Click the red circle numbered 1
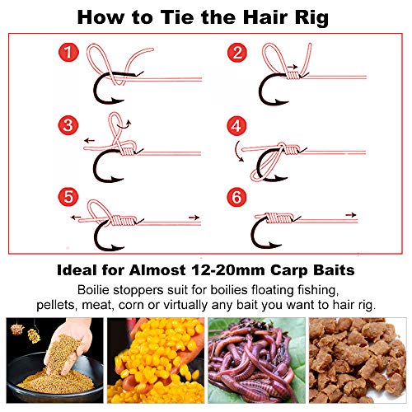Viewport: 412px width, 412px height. [68, 52]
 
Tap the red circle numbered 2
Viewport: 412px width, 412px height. [237, 53]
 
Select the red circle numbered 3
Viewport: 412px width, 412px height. [68, 125]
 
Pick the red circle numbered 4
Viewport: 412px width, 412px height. [236, 126]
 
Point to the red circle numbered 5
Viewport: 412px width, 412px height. [68, 197]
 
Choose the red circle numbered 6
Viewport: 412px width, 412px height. [236, 197]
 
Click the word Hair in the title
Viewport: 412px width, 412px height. [266, 17]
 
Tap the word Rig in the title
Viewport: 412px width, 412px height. [311, 19]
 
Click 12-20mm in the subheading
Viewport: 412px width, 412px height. [227, 270]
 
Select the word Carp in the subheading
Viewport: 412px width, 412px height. [288, 271]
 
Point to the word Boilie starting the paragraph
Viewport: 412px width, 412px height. [93, 290]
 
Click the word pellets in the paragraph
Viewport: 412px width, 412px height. [56, 305]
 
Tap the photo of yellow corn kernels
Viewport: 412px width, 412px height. [156, 360]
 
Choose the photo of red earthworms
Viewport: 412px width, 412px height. [256, 360]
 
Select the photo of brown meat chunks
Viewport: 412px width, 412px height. [358, 360]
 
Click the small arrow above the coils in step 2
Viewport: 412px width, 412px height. [293, 67]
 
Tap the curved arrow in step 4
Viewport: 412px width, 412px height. [238, 152]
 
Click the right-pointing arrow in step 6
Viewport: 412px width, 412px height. [351, 215]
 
